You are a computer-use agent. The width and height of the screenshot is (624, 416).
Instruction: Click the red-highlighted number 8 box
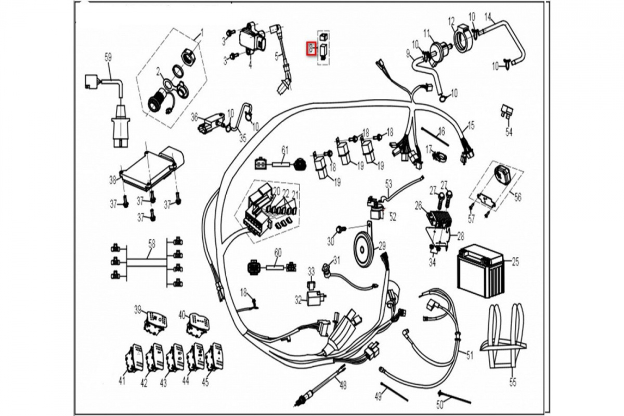click(310, 49)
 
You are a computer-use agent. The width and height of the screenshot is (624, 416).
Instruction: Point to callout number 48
click(342, 385)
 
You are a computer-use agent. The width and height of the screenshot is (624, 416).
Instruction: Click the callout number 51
click(470, 356)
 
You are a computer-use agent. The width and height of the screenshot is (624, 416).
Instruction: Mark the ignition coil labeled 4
click(253, 39)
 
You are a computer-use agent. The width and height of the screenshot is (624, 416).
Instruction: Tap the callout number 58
click(151, 243)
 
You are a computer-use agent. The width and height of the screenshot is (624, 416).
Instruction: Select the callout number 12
click(451, 21)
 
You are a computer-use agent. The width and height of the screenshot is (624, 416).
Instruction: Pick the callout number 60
click(278, 252)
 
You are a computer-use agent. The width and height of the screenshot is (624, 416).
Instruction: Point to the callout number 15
click(471, 125)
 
